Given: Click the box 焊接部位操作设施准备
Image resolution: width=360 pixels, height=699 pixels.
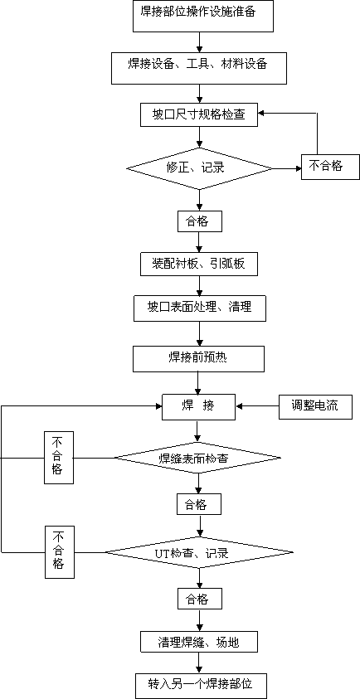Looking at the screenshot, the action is pos(203,16).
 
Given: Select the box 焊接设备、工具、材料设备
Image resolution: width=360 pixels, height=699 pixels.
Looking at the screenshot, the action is pos(199,68).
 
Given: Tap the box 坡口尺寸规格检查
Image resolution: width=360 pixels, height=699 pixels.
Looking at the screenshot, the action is pos(199,115).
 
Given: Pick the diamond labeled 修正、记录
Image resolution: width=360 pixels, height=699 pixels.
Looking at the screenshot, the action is pos(199,168).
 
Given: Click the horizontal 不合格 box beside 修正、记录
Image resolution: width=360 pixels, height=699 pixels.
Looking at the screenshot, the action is pos(330,167).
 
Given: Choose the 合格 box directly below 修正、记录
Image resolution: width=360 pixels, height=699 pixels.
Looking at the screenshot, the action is pos(199,221).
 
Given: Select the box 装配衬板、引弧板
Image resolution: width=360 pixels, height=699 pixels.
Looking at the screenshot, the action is pos(199,265).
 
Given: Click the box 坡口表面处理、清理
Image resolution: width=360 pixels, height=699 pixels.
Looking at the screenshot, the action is pos(199,308).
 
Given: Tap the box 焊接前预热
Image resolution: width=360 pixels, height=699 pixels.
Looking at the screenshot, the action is pos(199,359).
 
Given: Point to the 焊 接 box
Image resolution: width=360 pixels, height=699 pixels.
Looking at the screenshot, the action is pos(198,406).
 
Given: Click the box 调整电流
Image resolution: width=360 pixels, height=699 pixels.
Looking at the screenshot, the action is pos(315,406).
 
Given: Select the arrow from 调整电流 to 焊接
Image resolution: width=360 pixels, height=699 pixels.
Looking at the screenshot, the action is pos(258,406).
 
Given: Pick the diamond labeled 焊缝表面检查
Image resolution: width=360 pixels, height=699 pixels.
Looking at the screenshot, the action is pos(198,458).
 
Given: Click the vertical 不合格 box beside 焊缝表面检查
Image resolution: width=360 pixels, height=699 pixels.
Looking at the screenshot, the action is pos(58,458).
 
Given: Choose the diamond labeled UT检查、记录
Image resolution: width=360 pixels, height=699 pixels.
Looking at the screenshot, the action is pos(199,553).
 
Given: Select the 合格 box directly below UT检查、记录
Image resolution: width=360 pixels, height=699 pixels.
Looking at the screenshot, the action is pos(199,600).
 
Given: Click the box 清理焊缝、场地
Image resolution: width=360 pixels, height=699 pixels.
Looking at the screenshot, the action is pos(199,643).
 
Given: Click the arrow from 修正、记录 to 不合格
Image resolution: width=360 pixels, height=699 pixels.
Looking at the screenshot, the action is pos(287,168).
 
